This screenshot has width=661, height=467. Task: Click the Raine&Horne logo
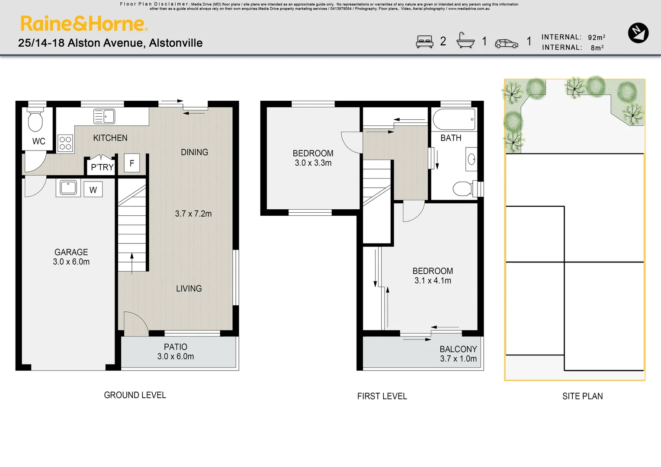pos(84,24)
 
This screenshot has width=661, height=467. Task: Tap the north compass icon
pos(638,33)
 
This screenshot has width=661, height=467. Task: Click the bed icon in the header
pos(424,42)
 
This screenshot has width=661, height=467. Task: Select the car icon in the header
pos(506,44)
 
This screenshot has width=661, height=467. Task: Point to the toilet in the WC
pos(35,121)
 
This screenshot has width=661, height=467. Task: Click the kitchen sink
pos(104,116)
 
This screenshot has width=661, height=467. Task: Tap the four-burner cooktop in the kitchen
pos(65,143)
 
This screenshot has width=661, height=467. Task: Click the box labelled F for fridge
pos(132,163)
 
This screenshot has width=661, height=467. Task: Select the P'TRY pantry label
pos(102,167)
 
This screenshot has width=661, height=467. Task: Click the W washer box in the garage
pos(93,190)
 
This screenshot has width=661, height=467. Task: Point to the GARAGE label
pos(71,252)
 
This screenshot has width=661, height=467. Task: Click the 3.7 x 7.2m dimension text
pos(193,214)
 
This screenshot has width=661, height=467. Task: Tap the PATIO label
pos(176,347)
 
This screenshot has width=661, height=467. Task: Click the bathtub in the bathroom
pos(454,119)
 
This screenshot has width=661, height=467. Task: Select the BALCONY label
pos(458,349)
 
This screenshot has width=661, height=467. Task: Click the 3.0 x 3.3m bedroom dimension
pos(313,163)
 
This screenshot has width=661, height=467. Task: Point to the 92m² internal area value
pos(597,38)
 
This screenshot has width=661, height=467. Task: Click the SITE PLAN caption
pos(582,396)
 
